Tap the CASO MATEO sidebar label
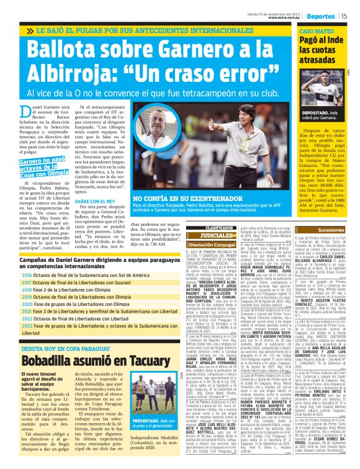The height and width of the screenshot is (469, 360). tap(317, 30)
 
